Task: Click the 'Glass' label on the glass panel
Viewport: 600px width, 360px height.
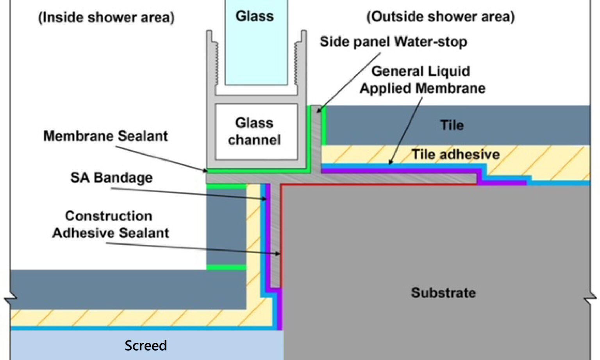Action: coord(254,16)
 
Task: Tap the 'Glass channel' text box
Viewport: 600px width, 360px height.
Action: coord(254,131)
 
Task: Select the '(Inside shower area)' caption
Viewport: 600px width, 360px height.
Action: coord(106,18)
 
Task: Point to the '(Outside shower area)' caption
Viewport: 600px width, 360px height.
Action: coord(440,17)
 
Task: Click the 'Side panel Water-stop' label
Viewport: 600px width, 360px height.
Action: coord(393,41)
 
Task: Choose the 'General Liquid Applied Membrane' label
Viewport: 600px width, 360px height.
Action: coord(422,80)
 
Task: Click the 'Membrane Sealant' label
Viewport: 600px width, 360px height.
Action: coord(105,136)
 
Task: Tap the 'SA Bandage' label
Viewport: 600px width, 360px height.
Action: coord(111,177)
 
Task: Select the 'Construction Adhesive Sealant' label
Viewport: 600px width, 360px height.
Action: coord(110,224)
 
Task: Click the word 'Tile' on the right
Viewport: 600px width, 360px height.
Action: coord(452,125)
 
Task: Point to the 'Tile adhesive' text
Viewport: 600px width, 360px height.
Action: coord(455,154)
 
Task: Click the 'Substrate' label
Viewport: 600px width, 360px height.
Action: coord(443,293)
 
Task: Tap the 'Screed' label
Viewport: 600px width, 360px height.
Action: coord(145,346)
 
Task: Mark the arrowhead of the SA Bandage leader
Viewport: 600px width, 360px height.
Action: coord(266,199)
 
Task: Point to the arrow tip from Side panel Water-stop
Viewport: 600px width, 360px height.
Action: coord(318,111)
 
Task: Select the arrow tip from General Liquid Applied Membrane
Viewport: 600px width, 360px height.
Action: coord(390,163)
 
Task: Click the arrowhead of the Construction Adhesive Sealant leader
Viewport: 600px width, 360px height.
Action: coord(279,254)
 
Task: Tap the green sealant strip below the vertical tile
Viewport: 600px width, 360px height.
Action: coord(226,267)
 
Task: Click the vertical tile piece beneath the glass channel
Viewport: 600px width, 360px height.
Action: coord(226,227)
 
